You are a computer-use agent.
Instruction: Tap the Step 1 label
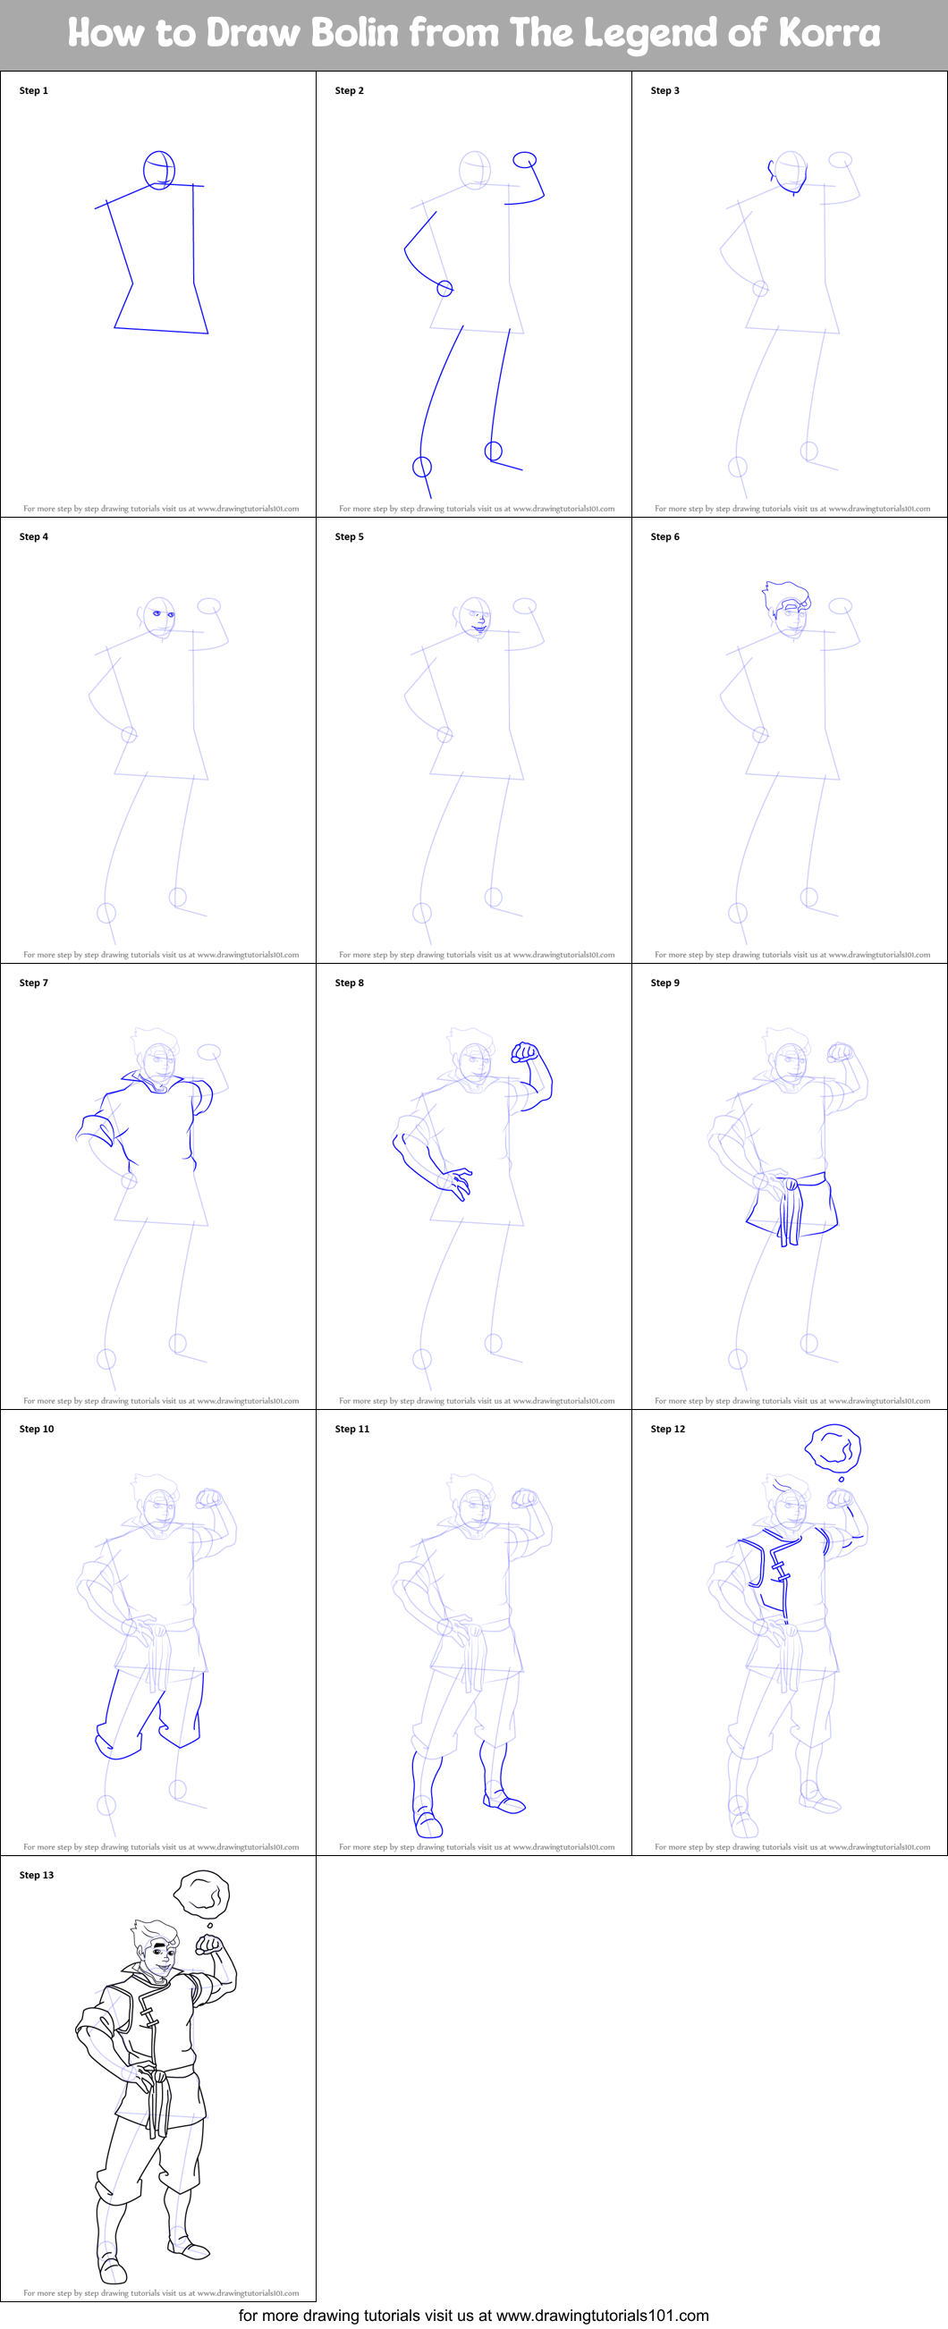[x=33, y=90]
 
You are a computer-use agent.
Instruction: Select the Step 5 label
[x=349, y=537]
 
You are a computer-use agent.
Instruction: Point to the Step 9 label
[x=664, y=983]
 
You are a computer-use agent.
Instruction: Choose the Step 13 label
[x=36, y=1875]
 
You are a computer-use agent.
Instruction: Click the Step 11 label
[x=351, y=1430]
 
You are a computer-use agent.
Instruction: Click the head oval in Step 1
[x=159, y=170]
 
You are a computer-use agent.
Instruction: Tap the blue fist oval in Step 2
[x=525, y=160]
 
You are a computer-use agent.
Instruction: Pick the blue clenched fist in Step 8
[x=526, y=1052]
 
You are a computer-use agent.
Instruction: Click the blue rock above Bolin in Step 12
[x=834, y=1448]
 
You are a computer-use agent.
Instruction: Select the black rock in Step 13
[x=202, y=1893]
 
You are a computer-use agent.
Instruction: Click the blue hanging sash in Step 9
[x=790, y=1211]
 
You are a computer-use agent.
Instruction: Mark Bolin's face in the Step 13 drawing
[x=159, y=1957]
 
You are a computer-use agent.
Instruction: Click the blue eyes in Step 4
[x=163, y=615]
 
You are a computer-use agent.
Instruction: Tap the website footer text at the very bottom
[x=473, y=2316]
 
